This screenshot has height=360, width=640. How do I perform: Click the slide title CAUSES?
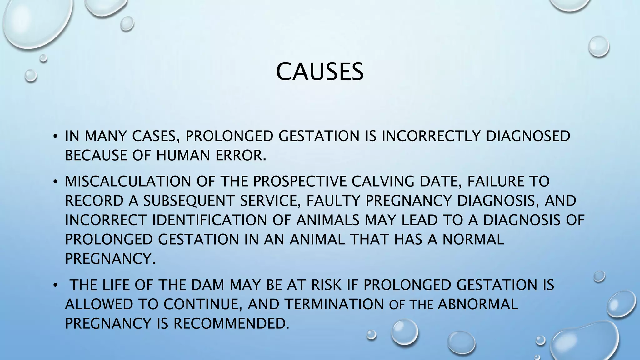point(320,72)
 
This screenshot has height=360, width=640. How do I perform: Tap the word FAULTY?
point(333,201)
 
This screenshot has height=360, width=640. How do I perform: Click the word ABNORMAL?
point(478,304)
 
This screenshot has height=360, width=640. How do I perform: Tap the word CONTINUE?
point(203,304)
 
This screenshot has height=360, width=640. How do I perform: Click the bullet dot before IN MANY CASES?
point(55,137)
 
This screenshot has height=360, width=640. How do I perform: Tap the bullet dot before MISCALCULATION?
point(55,182)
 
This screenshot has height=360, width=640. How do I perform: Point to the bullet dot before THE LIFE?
point(55,285)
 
